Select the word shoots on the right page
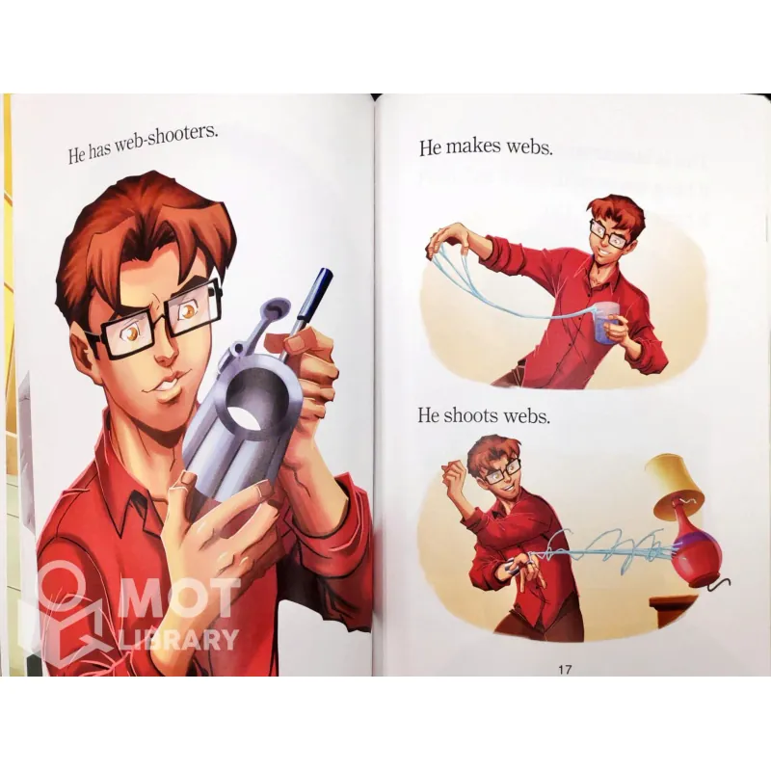469,416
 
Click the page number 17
565,669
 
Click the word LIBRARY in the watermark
179,639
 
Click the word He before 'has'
77,156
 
